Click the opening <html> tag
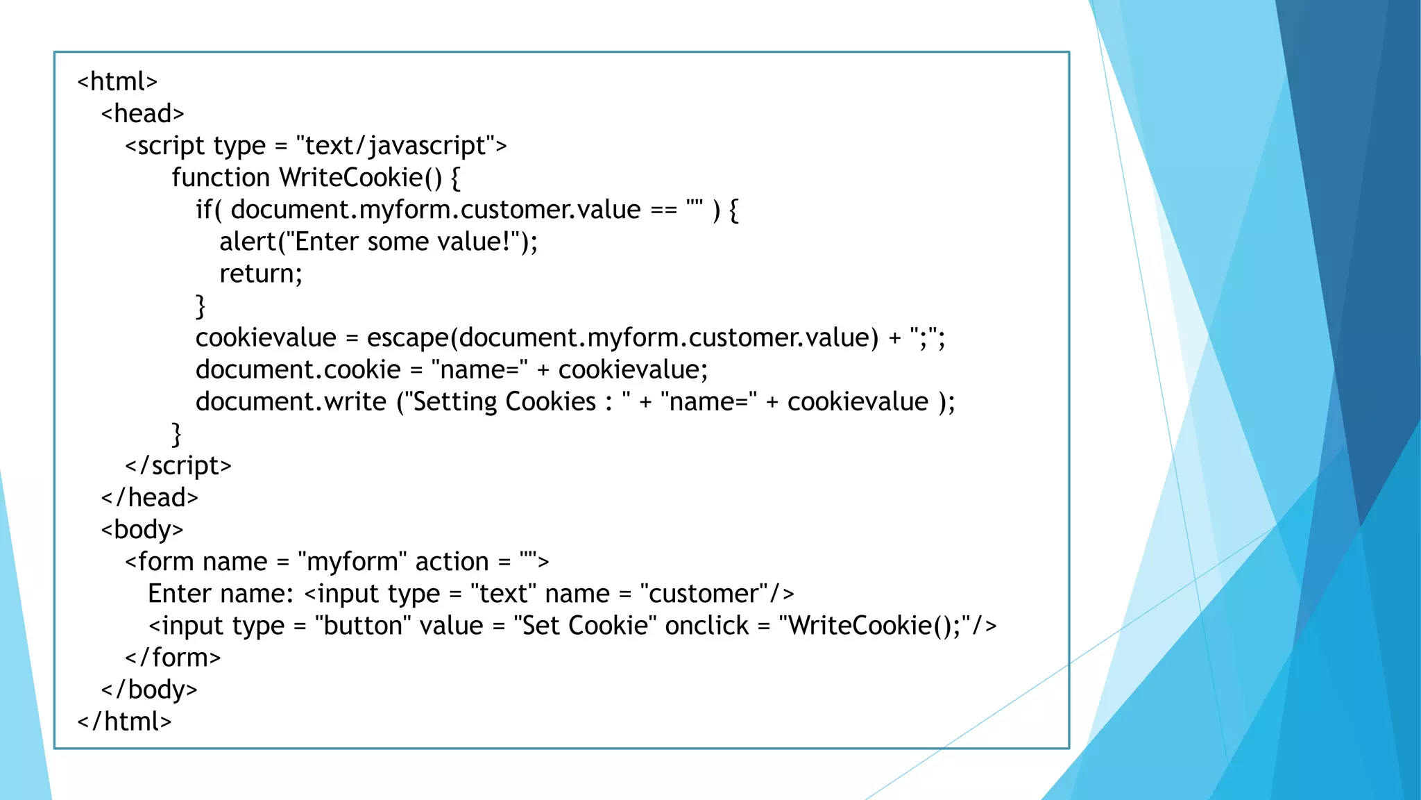pos(117,81)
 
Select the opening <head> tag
pos(142,113)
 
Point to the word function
pos(221,178)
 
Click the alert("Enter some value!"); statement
pos(378,242)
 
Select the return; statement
pos(261,274)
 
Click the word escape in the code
pos(408,338)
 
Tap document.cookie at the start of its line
pos(298,369)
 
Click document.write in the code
pos(291,401)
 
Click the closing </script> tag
pos(178,465)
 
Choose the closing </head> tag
pos(150,497)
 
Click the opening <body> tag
pos(142,530)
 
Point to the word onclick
pos(706,626)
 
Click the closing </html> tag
pos(124,722)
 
